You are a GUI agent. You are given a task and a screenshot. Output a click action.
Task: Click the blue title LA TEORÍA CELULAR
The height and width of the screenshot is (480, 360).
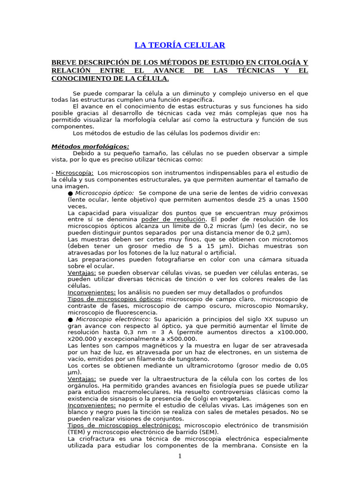coord(180,45)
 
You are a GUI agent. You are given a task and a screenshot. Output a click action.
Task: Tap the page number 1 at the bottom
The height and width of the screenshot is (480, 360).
coord(180,457)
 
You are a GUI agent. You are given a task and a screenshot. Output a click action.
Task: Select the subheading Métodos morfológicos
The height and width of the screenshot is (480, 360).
coord(90,147)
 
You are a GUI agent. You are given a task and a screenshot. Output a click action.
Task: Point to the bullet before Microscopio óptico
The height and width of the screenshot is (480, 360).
coord(70,193)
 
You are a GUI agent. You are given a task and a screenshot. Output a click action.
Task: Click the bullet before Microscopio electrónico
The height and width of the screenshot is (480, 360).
coord(70,319)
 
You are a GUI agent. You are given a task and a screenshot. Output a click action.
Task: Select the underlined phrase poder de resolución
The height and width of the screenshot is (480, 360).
coord(173,219)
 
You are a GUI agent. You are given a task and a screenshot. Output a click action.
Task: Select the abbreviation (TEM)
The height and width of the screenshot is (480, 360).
coord(76,432)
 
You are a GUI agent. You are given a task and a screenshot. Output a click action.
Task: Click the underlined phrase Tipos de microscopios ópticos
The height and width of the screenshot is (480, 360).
coord(114,299)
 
